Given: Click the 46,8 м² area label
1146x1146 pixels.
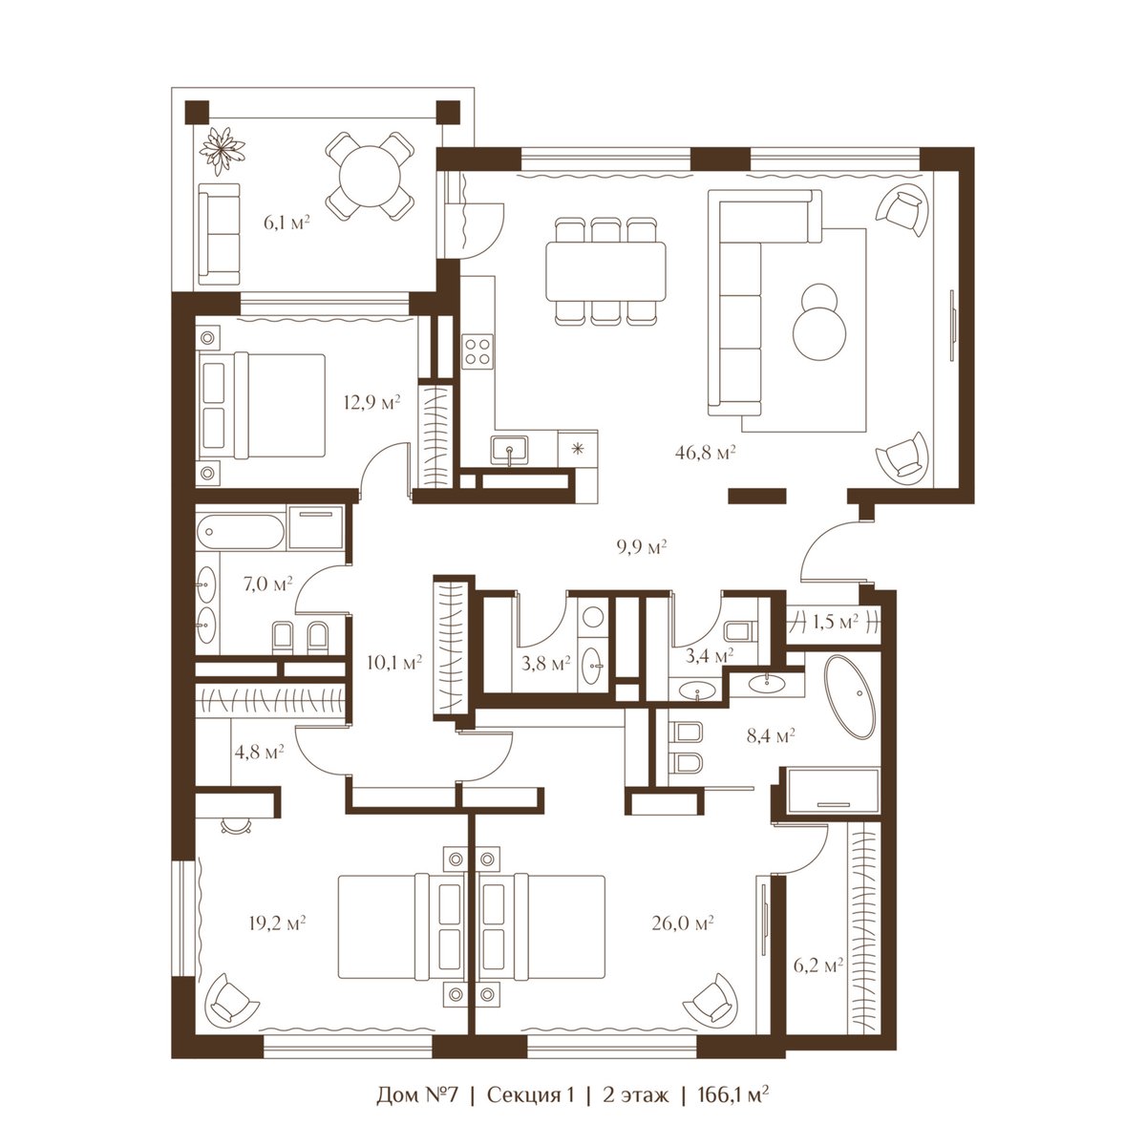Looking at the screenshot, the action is [706, 454].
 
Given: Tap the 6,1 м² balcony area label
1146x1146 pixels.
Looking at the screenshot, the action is [286, 223].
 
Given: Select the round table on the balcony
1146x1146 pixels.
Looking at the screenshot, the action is [371, 176].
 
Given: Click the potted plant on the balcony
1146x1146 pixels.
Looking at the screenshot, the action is [222, 148].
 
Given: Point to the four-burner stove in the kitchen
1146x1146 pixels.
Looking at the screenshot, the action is [477, 350].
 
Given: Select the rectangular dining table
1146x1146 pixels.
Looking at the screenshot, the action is [605, 271].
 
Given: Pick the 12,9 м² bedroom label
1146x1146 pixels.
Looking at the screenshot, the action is [371, 403].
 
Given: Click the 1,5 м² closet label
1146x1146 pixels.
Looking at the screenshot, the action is [835, 622].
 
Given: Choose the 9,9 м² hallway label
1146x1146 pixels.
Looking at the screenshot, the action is [642, 546].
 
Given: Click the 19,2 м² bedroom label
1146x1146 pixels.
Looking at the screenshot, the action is [277, 923].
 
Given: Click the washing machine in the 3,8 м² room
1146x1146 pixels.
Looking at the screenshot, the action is [592, 617].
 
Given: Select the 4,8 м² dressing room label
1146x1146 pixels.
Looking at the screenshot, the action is [259, 753].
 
